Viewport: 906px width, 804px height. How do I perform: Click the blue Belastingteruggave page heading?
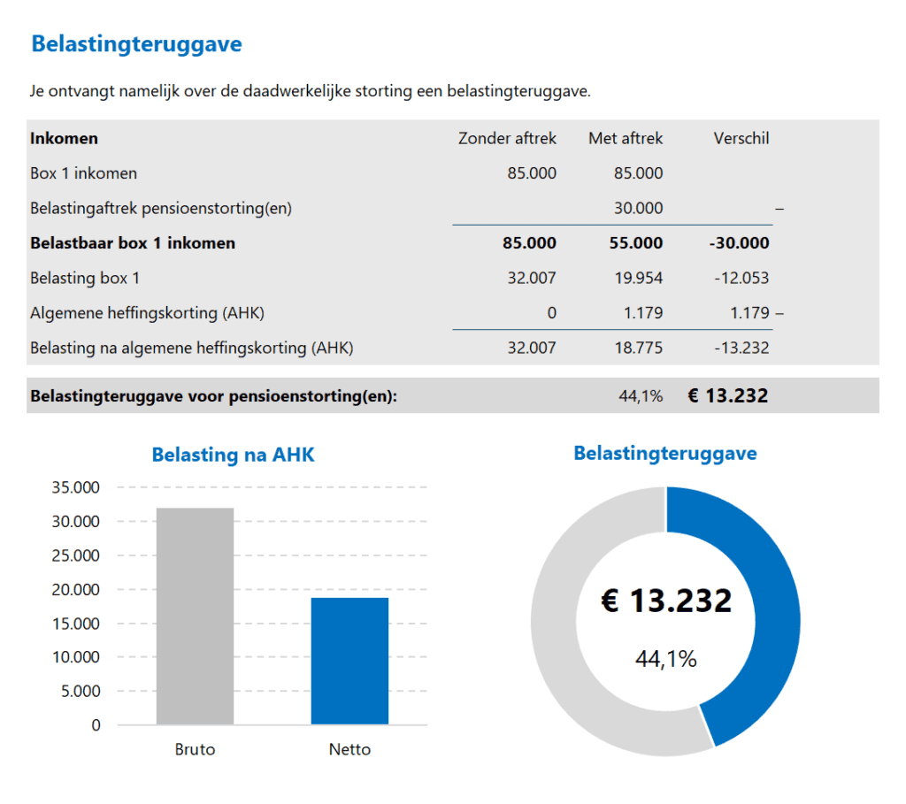pyautogui.click(x=136, y=44)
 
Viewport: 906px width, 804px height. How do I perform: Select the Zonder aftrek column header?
pyautogui.click(x=507, y=138)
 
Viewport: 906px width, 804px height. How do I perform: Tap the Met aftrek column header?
pyautogui.click(x=626, y=138)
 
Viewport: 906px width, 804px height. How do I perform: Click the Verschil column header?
pyautogui.click(x=741, y=138)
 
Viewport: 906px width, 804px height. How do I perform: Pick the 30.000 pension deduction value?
pyautogui.click(x=638, y=208)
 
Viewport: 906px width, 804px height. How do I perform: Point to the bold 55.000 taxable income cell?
pyautogui.click(x=636, y=243)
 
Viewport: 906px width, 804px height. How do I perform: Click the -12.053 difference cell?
pyautogui.click(x=741, y=278)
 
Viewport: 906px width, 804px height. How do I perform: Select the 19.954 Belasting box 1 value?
pyautogui.click(x=638, y=278)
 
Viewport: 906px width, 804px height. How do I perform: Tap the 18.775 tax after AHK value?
pyautogui.click(x=638, y=348)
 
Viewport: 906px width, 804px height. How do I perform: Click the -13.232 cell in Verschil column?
pyautogui.click(x=741, y=348)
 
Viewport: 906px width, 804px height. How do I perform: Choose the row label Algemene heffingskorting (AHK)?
pyautogui.click(x=147, y=313)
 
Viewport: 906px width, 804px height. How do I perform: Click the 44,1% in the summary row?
pyautogui.click(x=641, y=396)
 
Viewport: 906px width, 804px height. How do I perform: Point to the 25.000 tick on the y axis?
pyautogui.click(x=75, y=555)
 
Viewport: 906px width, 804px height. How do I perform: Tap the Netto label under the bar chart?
pyautogui.click(x=349, y=750)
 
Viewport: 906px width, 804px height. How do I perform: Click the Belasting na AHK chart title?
pyautogui.click(x=233, y=456)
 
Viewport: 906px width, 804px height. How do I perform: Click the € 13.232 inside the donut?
pyautogui.click(x=666, y=601)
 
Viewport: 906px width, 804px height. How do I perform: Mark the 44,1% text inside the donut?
pyautogui.click(x=666, y=659)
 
